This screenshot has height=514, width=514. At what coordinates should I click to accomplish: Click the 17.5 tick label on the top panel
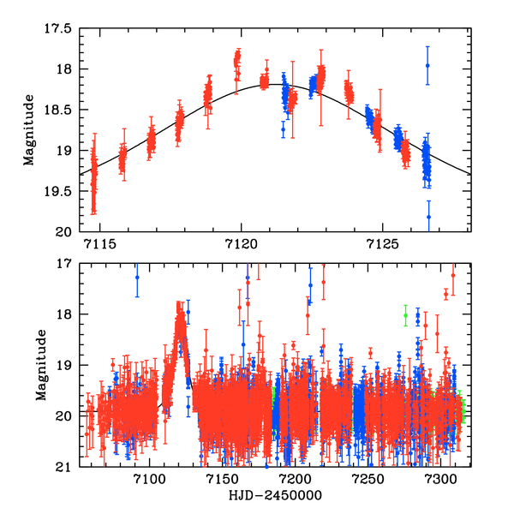[x=59, y=28]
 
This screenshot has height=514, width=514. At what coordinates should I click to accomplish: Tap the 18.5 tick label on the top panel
[x=59, y=110]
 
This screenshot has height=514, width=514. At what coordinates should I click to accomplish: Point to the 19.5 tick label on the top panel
[x=59, y=191]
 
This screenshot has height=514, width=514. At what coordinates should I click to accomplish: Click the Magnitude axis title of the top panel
[x=29, y=130]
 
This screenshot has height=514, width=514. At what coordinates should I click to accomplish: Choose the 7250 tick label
[x=368, y=479]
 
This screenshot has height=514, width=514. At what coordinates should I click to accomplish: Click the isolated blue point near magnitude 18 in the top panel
[x=427, y=66]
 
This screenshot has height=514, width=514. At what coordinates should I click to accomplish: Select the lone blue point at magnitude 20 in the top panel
[x=428, y=217]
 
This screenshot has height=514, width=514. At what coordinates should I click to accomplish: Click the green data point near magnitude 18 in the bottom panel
[x=406, y=315]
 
